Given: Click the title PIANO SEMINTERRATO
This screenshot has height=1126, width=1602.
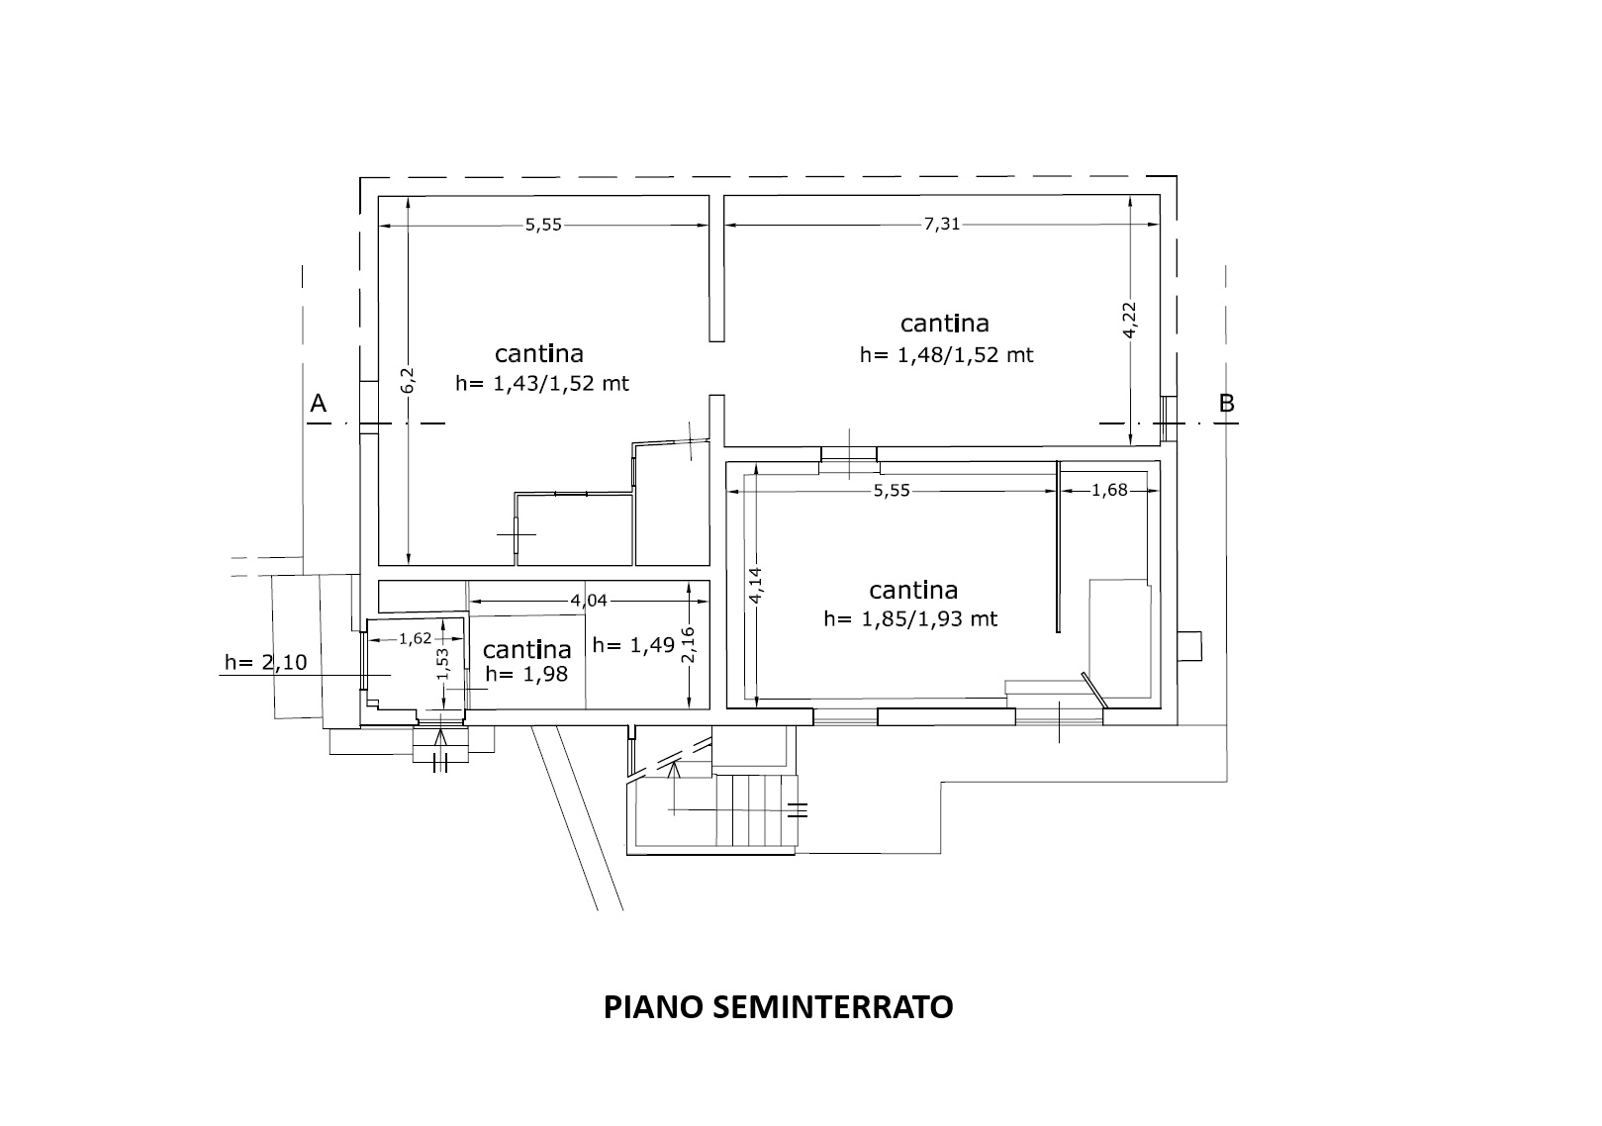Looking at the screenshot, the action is coord(778,1006).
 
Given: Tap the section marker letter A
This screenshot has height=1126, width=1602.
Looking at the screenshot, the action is coord(319,404).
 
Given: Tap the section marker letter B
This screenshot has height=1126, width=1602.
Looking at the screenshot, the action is coord(1227,404).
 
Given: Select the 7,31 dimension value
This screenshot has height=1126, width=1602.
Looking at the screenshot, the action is coord(942,224).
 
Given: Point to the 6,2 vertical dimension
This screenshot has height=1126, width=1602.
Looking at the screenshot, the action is coord(408,380).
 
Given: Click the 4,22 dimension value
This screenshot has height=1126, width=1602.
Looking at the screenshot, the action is coord(1129,320).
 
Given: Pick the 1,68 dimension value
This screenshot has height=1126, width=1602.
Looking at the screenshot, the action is coord(1109,490).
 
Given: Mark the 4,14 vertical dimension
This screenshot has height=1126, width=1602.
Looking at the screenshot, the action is coord(756,586).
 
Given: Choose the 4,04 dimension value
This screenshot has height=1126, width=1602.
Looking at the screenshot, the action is coord(589,601).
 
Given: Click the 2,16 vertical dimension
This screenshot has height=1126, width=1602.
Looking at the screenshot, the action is coord(688,645).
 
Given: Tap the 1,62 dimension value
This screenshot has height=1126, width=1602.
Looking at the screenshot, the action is coord(416,638).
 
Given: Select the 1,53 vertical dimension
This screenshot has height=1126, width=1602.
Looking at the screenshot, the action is coord(442,664).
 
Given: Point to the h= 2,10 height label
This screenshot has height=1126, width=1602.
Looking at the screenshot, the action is coord(266,663).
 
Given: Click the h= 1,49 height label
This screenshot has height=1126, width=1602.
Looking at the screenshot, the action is coord(633,645).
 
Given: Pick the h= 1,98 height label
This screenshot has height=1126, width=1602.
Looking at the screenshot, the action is coord(527,674).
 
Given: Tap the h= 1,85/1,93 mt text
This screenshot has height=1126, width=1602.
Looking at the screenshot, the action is coord(910,618).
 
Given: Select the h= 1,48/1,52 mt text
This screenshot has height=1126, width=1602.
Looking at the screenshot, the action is coord(946,354).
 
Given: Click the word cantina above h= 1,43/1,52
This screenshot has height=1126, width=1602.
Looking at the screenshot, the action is coord(539,354).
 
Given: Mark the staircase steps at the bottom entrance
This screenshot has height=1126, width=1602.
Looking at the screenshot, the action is coord(757,809).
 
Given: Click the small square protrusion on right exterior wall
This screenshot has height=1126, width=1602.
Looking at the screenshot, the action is coord(1189,646).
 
